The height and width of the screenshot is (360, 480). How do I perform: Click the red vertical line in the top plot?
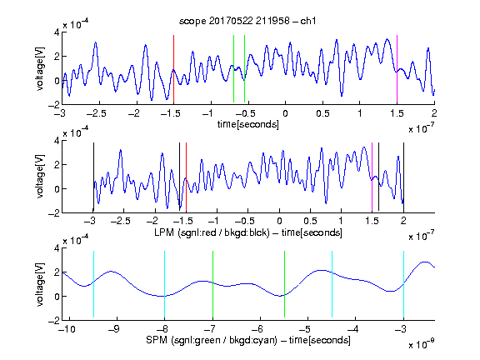(173, 69)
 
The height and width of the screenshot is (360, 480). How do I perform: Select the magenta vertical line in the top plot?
(397, 69)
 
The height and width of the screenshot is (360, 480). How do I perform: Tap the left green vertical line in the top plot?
(233, 69)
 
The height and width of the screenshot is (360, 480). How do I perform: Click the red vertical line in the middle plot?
(186, 177)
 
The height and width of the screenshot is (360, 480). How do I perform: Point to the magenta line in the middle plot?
(372, 177)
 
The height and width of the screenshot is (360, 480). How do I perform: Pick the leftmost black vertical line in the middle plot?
(93, 177)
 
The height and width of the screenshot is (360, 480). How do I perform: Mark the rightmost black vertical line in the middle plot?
(403, 177)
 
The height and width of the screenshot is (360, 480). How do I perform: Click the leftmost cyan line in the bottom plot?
(93, 284)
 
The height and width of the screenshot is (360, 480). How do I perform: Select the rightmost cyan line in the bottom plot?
(403, 284)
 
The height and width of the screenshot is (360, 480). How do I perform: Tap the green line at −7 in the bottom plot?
(212, 284)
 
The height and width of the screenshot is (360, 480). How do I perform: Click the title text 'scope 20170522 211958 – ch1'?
(247, 21)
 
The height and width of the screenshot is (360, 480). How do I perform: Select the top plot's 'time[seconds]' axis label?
(248, 124)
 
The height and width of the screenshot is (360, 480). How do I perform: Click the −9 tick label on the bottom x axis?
(114, 329)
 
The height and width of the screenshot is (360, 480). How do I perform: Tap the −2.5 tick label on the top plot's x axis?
(96, 113)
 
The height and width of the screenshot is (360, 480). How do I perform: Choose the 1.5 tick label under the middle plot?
(372, 221)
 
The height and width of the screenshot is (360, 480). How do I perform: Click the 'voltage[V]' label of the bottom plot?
(40, 284)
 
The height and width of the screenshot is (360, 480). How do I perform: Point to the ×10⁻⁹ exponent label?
(421, 344)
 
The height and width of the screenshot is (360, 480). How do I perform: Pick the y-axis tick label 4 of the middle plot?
(57, 141)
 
